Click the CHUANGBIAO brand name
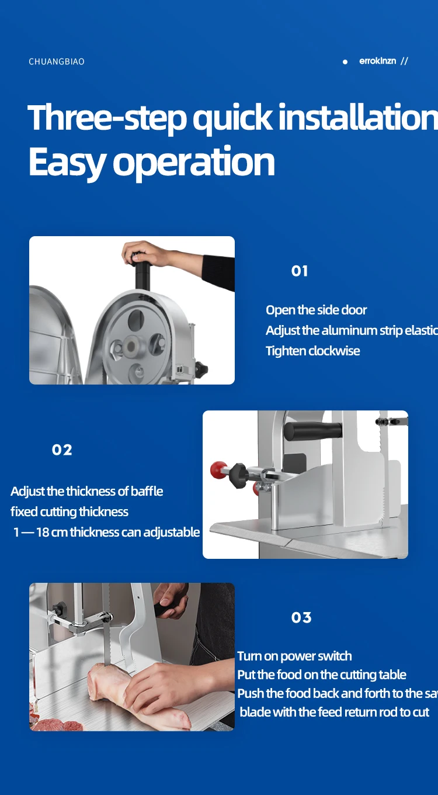[57, 62]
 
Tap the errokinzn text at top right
[377, 61]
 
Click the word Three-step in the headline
[108, 118]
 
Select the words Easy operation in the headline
[151, 162]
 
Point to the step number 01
[300, 271]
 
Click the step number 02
[62, 450]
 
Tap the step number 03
[301, 618]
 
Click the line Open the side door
[316, 310]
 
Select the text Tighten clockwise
[312, 351]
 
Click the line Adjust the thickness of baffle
[86, 492]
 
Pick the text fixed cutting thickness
[69, 512]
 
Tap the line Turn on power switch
[294, 656]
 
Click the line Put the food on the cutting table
[321, 675]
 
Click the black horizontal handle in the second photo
[313, 431]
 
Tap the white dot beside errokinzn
[345, 62]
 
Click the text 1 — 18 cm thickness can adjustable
[106, 533]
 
